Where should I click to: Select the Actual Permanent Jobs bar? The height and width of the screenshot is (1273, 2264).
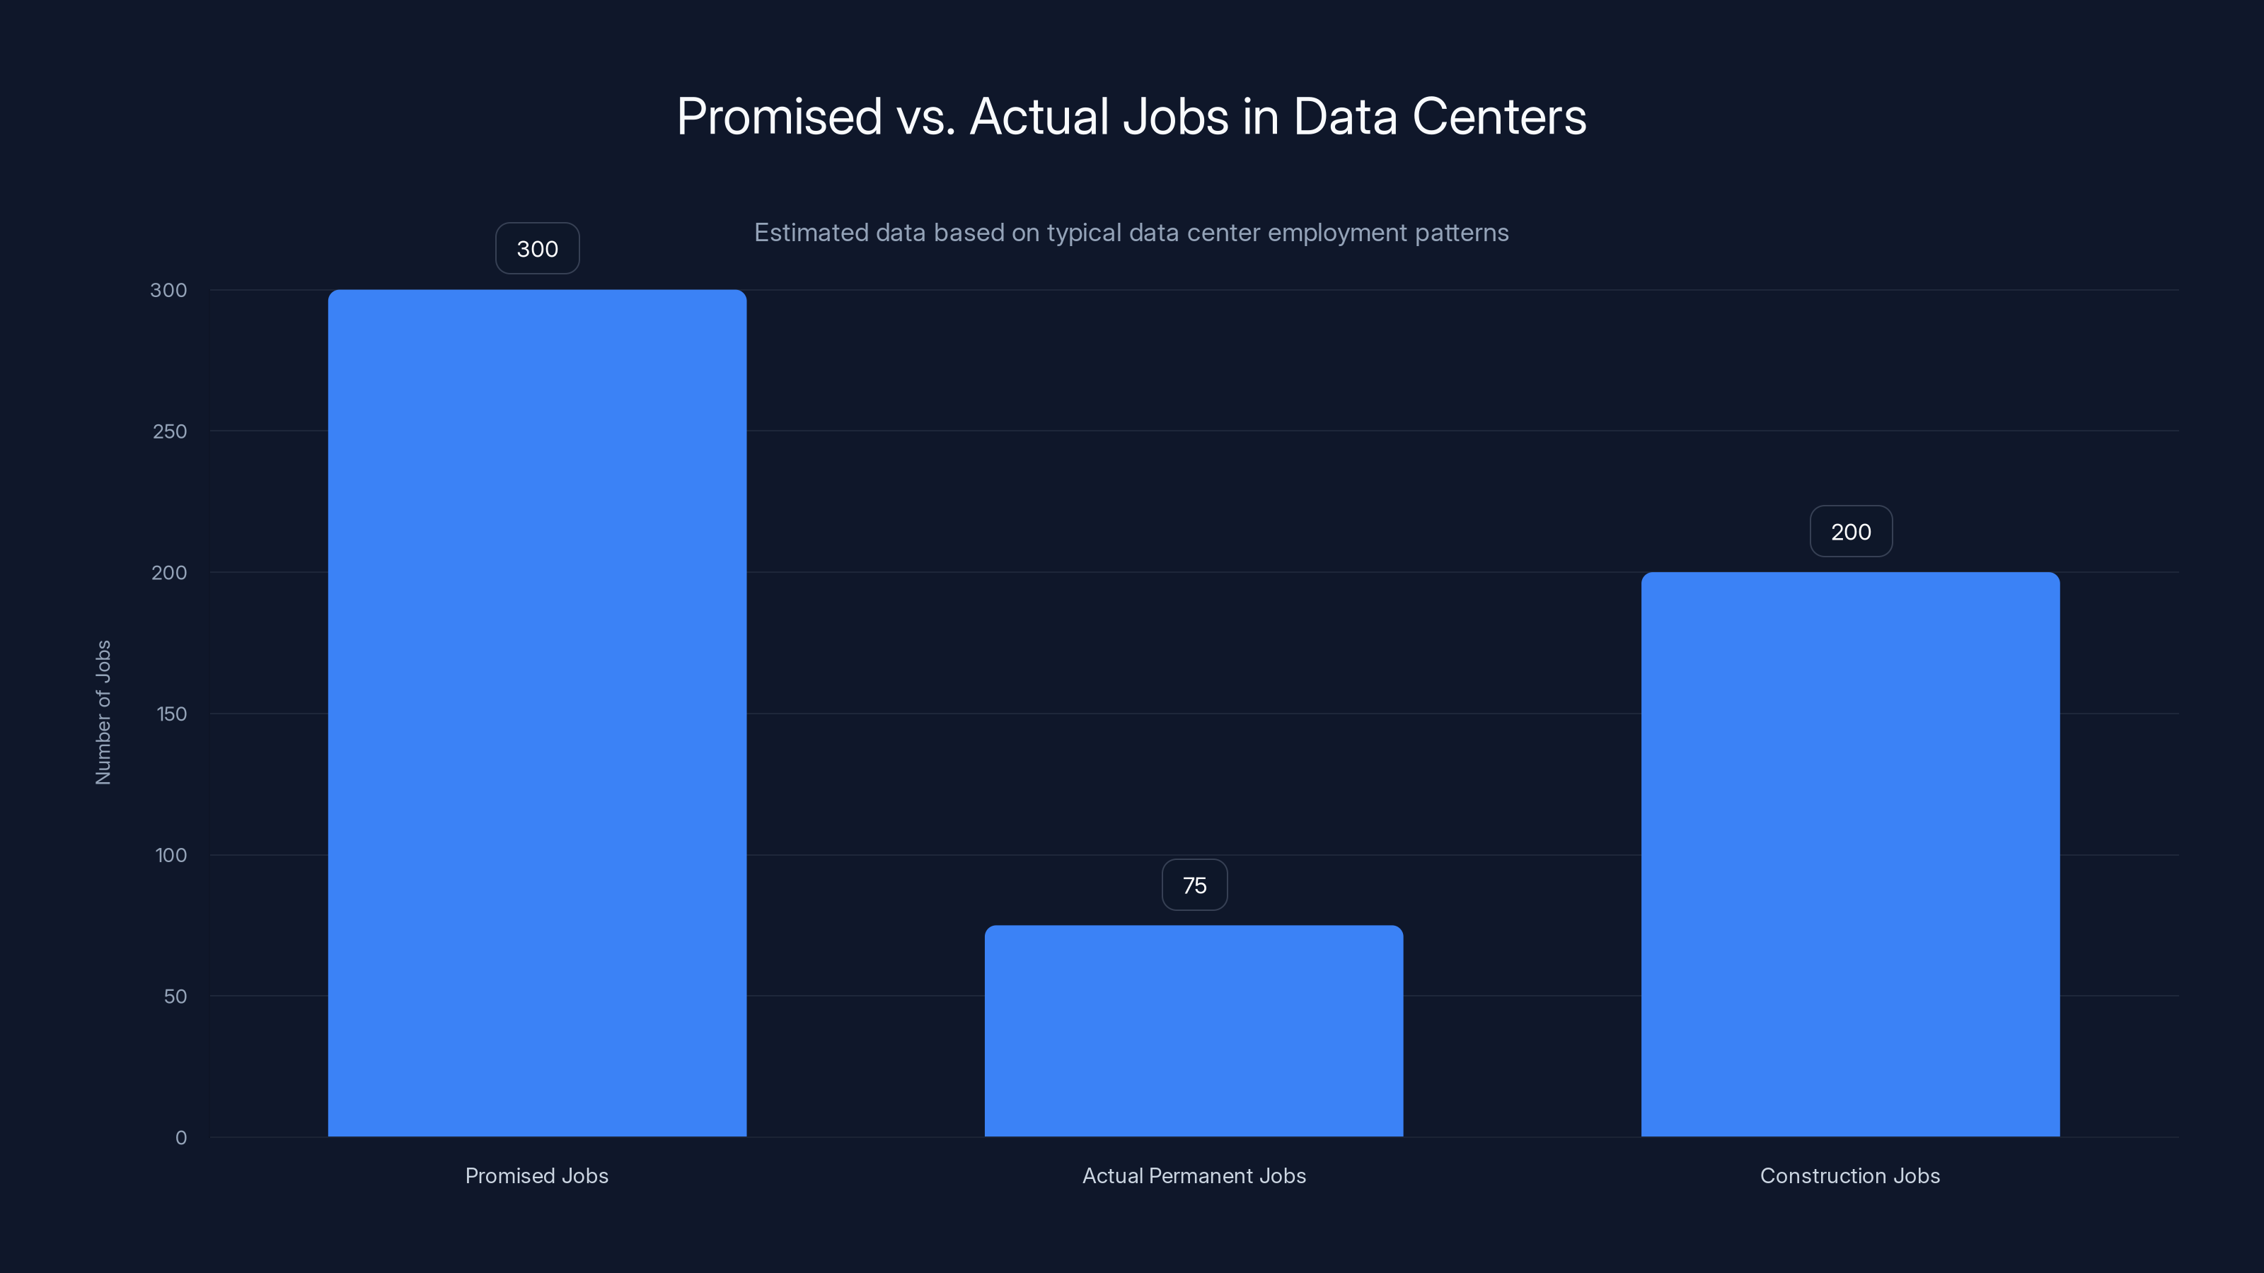click(x=1194, y=1030)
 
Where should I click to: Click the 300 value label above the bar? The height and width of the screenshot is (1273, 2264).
click(x=537, y=249)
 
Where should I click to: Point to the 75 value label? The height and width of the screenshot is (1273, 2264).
click(x=1194, y=885)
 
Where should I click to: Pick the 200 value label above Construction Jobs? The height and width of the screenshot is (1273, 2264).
click(x=1851, y=532)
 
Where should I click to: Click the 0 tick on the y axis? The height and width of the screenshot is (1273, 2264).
click(x=181, y=1138)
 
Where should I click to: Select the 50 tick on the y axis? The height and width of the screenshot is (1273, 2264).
click(x=175, y=996)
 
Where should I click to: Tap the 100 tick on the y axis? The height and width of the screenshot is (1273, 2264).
click(x=171, y=855)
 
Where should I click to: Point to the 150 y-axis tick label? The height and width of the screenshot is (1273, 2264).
click(x=171, y=714)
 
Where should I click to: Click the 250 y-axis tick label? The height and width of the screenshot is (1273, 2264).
click(x=170, y=431)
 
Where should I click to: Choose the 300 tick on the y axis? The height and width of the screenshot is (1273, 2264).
click(x=169, y=290)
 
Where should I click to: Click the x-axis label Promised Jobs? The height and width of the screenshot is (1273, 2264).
click(x=536, y=1175)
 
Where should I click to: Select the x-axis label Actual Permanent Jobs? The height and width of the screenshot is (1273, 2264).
click(x=1194, y=1175)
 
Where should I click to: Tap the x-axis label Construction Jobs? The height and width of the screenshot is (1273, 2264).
click(x=1850, y=1175)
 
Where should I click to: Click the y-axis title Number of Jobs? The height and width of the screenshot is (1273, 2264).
click(x=103, y=711)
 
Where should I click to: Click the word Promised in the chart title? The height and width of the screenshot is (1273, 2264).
click(x=779, y=117)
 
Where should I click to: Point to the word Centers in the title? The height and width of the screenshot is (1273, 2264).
click(x=1499, y=117)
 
